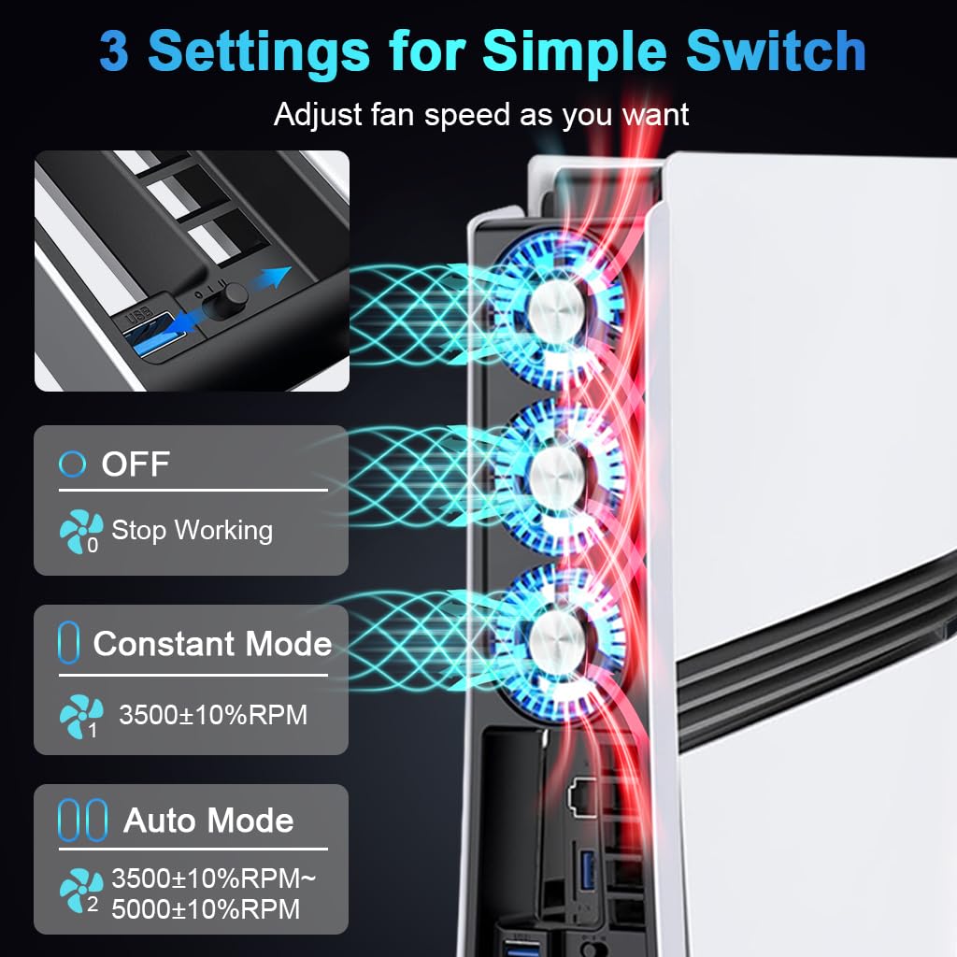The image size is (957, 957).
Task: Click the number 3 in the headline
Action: [x=114, y=51]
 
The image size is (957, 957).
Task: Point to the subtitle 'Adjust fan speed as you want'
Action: [x=480, y=115]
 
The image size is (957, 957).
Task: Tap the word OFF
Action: [x=136, y=464]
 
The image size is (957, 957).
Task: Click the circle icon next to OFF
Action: [x=72, y=464]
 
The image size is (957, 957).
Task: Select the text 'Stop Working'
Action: [x=192, y=531]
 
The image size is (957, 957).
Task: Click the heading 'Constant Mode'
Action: [x=212, y=644]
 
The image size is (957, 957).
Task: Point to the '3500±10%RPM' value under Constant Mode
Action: [x=212, y=716]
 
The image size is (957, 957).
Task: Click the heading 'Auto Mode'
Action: [x=208, y=821]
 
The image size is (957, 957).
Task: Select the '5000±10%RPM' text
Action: [x=206, y=908]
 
